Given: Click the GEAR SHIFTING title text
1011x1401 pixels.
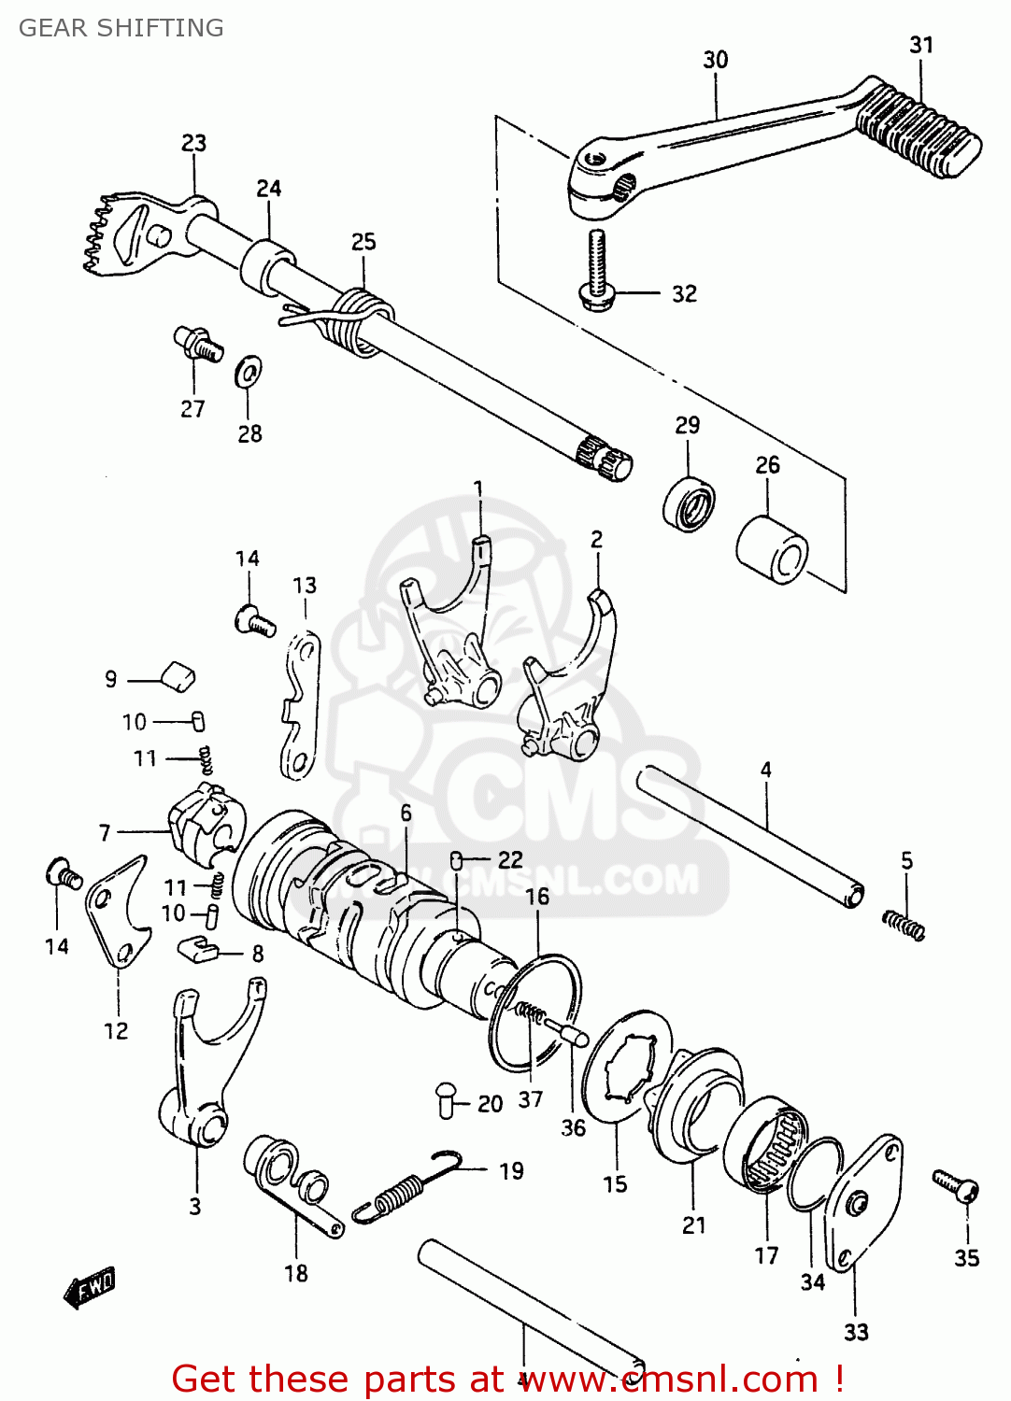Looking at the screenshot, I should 121,28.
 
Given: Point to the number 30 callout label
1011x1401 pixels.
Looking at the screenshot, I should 716,60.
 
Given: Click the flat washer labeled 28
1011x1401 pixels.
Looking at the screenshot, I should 249,373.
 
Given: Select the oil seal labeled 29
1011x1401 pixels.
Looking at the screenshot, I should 690,503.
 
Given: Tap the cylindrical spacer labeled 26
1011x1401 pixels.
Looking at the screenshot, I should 772,552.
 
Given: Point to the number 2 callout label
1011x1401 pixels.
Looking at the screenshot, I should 597,539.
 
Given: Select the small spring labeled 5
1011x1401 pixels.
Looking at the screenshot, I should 904,924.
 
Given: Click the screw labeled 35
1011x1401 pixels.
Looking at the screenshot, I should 956,1185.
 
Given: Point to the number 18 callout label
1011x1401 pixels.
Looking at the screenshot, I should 296,1273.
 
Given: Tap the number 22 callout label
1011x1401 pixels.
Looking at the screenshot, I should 510,859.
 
